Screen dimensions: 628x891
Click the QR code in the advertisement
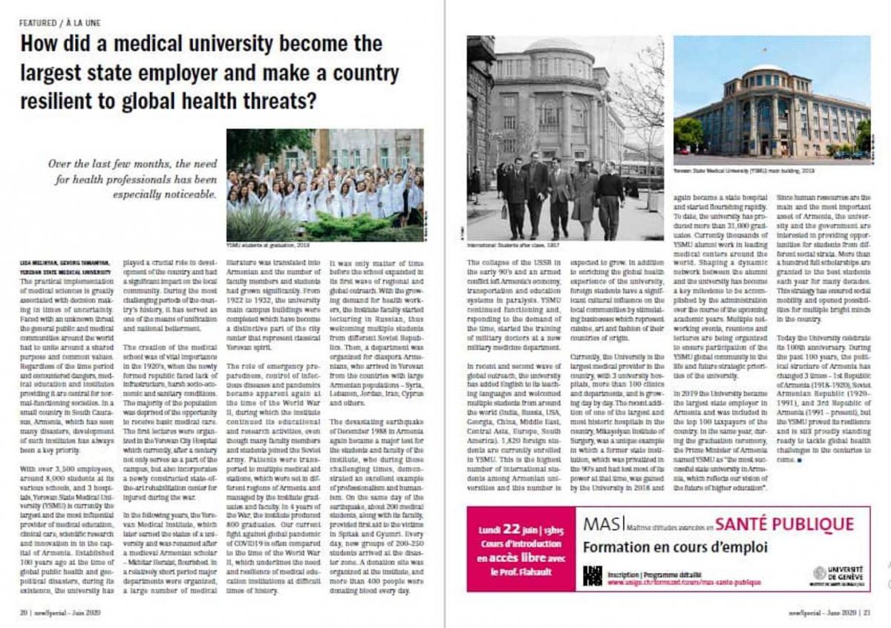(x=592, y=575)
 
